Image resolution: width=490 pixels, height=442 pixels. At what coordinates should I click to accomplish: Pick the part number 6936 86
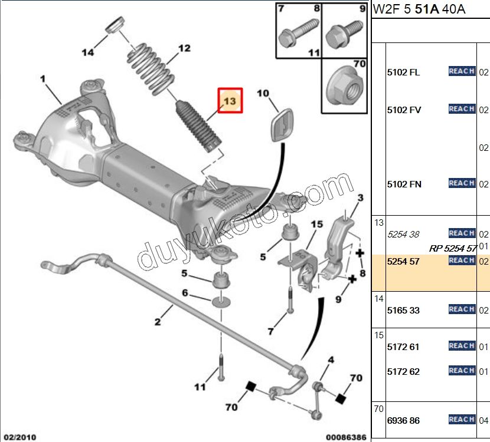[403, 420]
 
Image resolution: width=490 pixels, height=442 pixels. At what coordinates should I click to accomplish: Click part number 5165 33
[403, 310]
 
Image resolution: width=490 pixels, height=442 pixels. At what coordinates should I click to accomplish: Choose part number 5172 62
[403, 372]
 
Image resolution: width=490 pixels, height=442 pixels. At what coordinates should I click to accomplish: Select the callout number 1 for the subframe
[43, 78]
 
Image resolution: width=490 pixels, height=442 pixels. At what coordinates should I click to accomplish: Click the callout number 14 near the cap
[88, 52]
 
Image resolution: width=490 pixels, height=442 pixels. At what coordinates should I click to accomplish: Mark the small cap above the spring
[113, 27]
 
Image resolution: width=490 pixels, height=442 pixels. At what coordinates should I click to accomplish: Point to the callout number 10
[263, 93]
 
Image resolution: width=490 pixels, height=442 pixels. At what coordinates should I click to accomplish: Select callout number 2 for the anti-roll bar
[158, 322]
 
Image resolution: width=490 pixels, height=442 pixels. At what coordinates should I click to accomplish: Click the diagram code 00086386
[346, 437]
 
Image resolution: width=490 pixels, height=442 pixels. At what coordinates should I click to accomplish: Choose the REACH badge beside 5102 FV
[462, 109]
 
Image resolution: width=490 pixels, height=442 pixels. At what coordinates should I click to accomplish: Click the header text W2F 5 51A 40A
[416, 10]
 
